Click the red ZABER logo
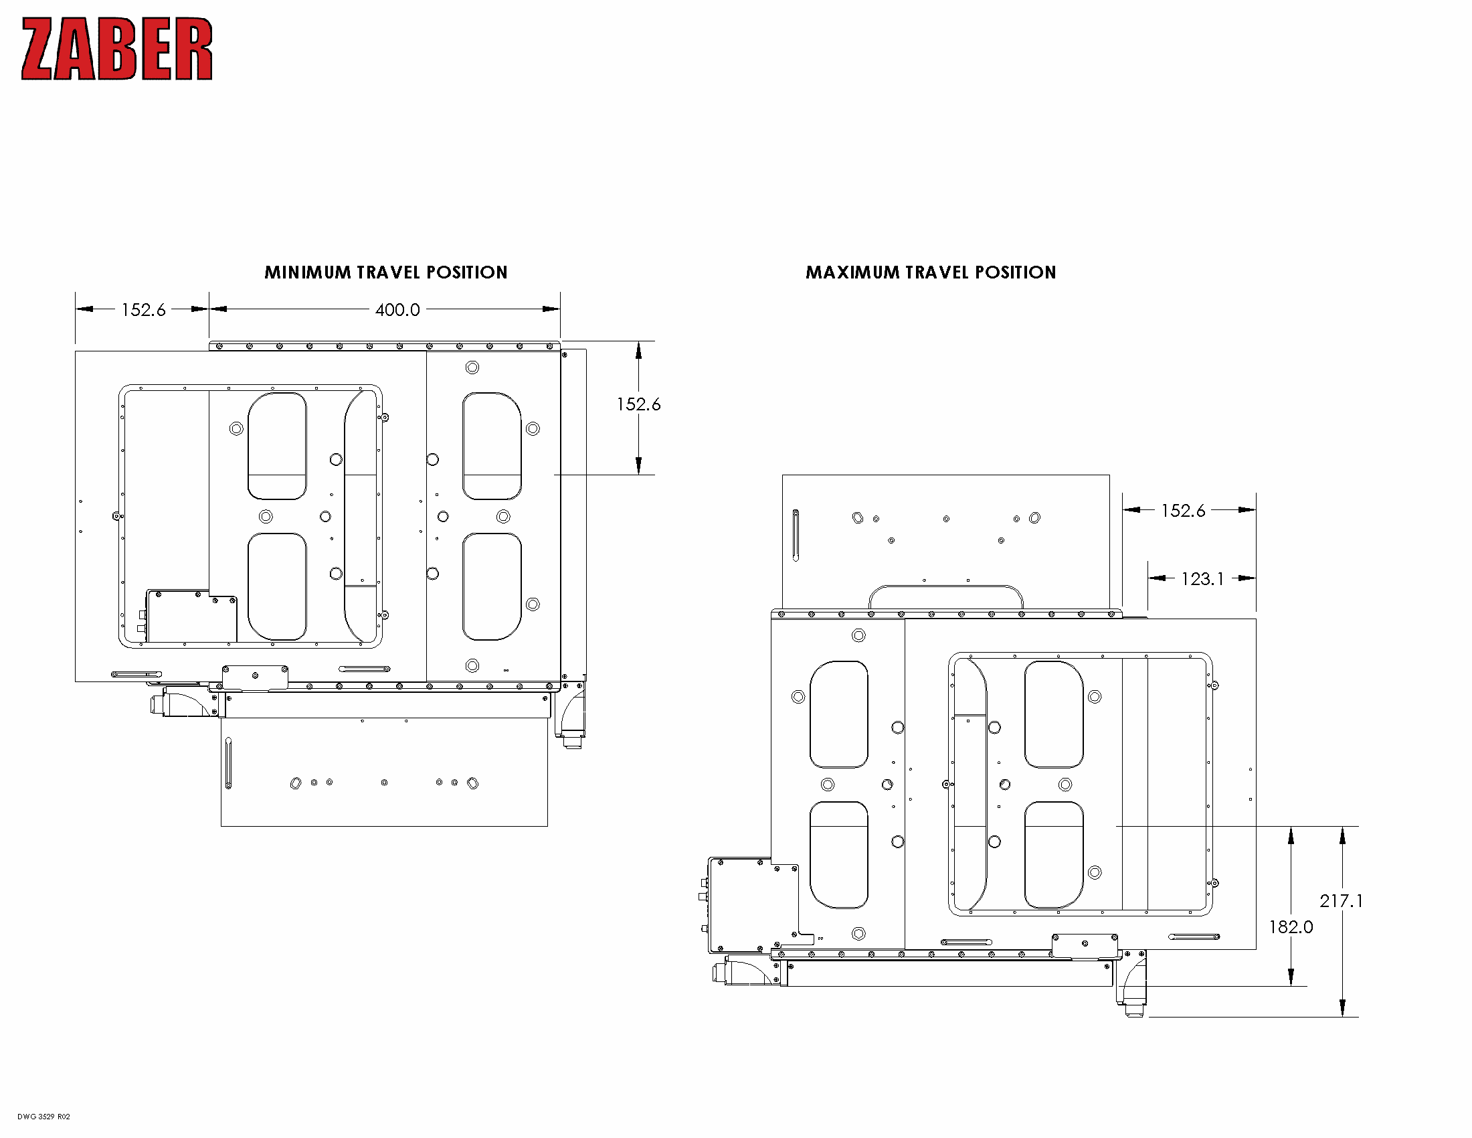point(116,50)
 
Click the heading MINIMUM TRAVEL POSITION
point(385,272)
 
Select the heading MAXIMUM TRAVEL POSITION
point(930,272)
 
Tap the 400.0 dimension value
point(397,310)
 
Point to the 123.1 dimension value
point(1202,579)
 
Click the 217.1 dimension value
point(1341,900)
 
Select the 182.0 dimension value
point(1290,927)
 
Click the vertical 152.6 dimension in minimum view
point(638,404)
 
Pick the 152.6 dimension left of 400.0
point(143,310)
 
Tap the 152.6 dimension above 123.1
point(1182,511)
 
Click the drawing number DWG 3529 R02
point(43,1117)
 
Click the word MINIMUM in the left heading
point(307,272)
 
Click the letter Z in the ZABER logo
point(37,50)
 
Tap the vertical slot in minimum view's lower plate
point(228,763)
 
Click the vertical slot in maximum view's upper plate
point(796,536)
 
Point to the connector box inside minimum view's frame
point(191,618)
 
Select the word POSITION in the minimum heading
point(466,272)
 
